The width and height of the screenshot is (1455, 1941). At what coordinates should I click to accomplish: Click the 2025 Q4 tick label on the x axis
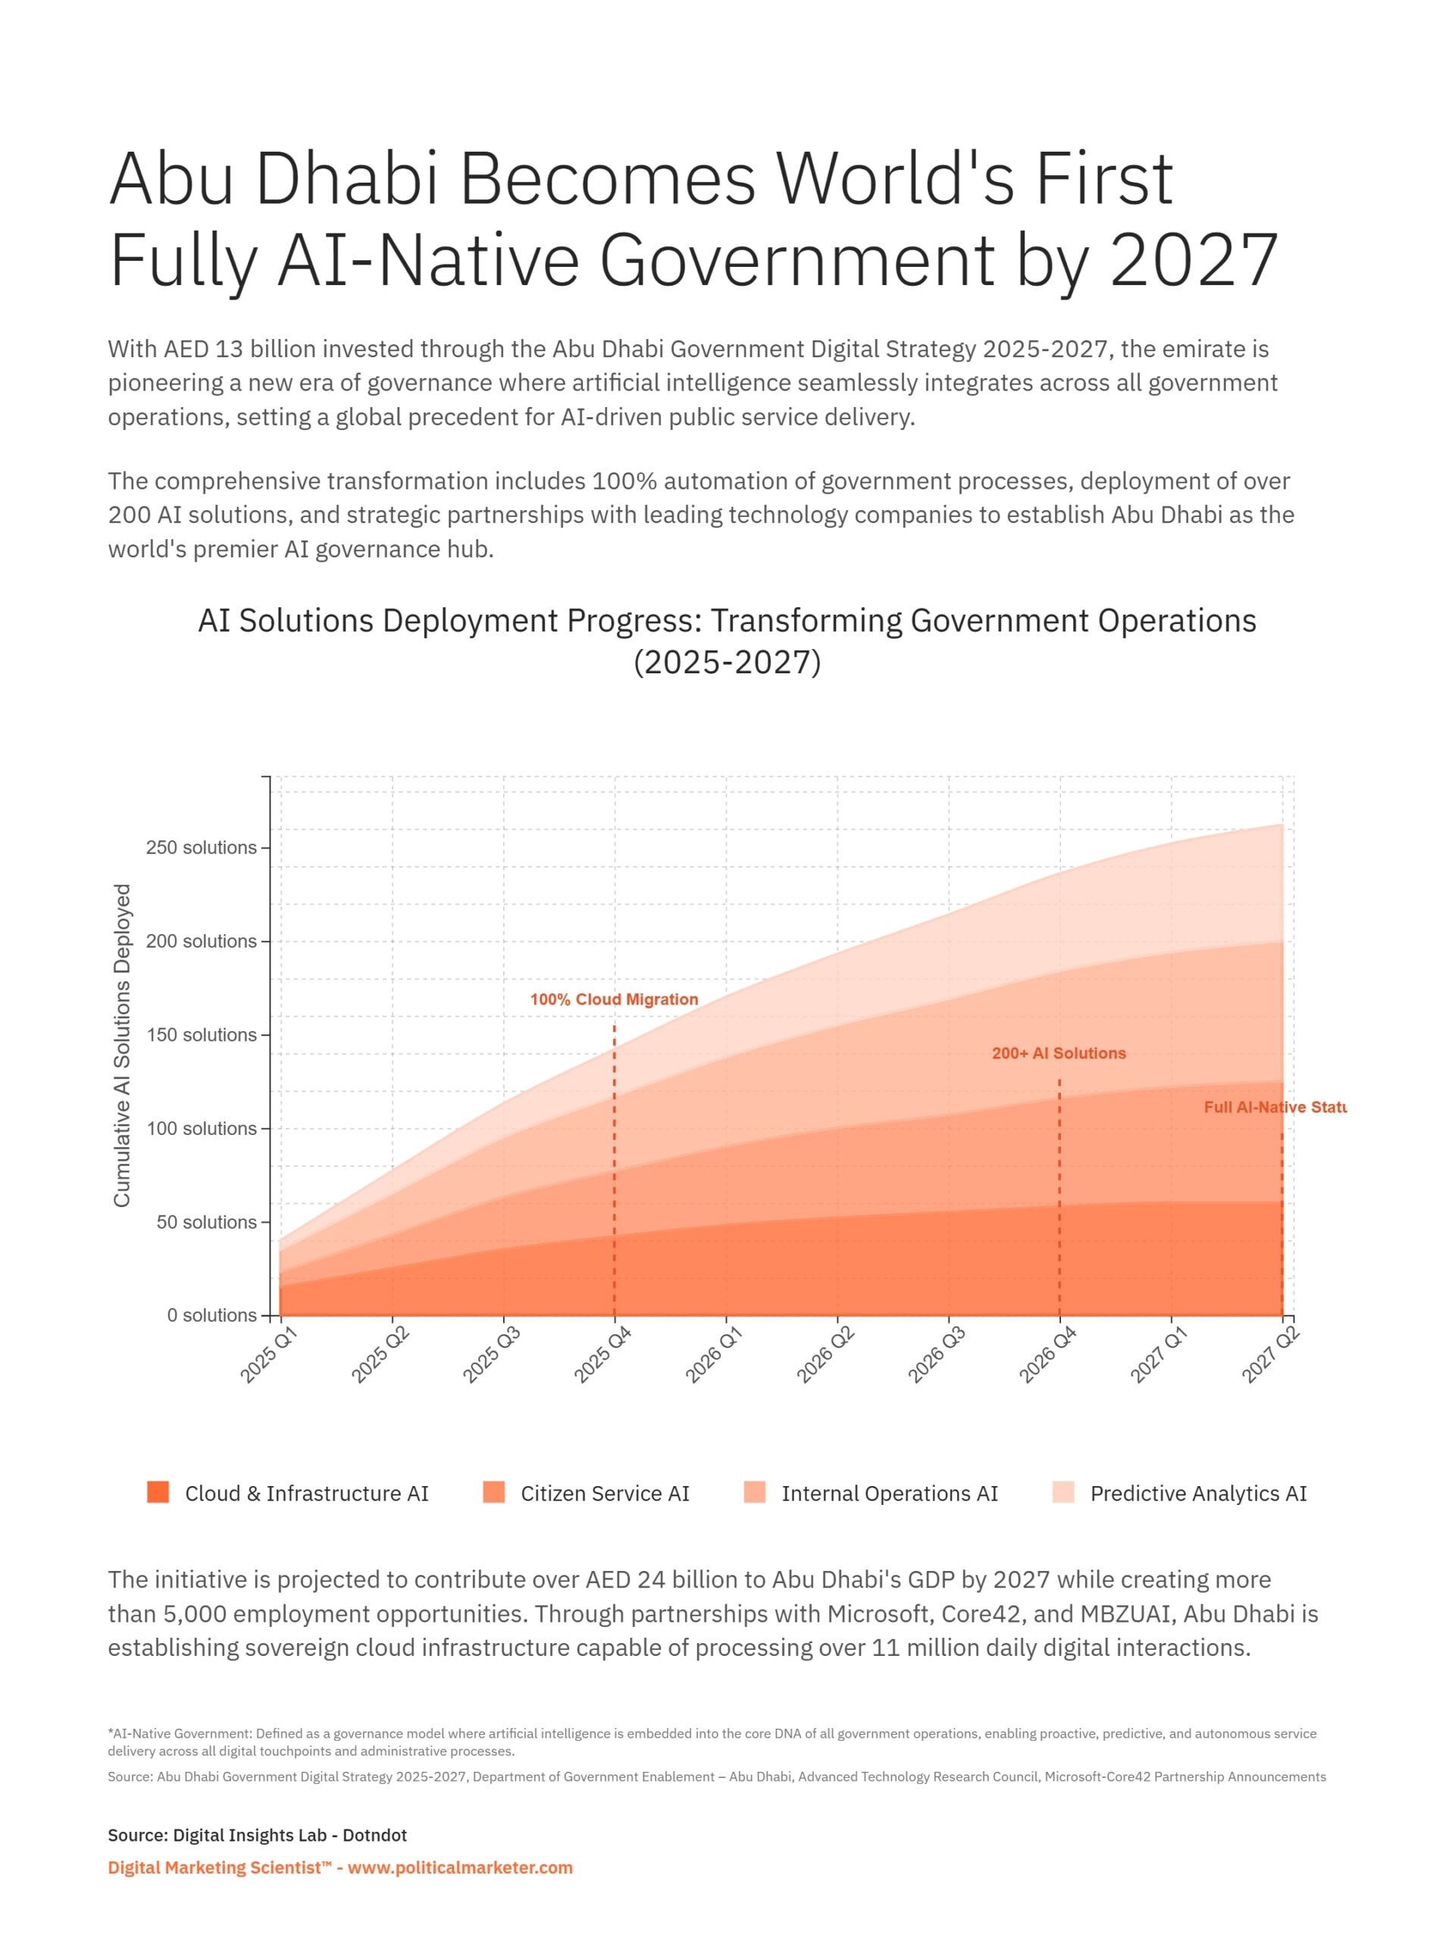tap(602, 1355)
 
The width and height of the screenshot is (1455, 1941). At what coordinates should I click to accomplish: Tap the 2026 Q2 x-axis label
tap(825, 1355)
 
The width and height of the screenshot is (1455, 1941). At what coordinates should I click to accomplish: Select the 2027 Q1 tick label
tap(1159, 1355)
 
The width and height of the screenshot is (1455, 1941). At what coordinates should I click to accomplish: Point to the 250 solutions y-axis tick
tap(201, 848)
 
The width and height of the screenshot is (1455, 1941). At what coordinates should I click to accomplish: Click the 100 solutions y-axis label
tap(201, 1128)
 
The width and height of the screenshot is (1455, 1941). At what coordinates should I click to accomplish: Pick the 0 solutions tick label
tap(211, 1315)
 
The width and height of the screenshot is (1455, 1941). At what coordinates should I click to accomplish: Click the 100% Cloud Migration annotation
tap(614, 999)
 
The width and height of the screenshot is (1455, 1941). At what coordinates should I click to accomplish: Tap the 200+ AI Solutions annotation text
tap(1059, 1053)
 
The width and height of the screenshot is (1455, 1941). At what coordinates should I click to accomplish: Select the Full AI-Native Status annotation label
tap(1275, 1108)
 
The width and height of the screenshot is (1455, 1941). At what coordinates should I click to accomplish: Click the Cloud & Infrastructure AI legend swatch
tap(158, 1493)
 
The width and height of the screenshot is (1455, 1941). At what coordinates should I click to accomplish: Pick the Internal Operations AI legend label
tap(890, 1494)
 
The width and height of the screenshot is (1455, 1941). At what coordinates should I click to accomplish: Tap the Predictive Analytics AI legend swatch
tap(1063, 1493)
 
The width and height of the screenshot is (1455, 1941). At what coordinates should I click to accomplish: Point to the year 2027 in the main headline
tap(1194, 260)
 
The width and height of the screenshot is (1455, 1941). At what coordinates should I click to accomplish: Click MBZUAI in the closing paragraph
tap(1127, 1613)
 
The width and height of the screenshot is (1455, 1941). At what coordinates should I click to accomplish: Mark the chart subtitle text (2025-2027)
tap(727, 662)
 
